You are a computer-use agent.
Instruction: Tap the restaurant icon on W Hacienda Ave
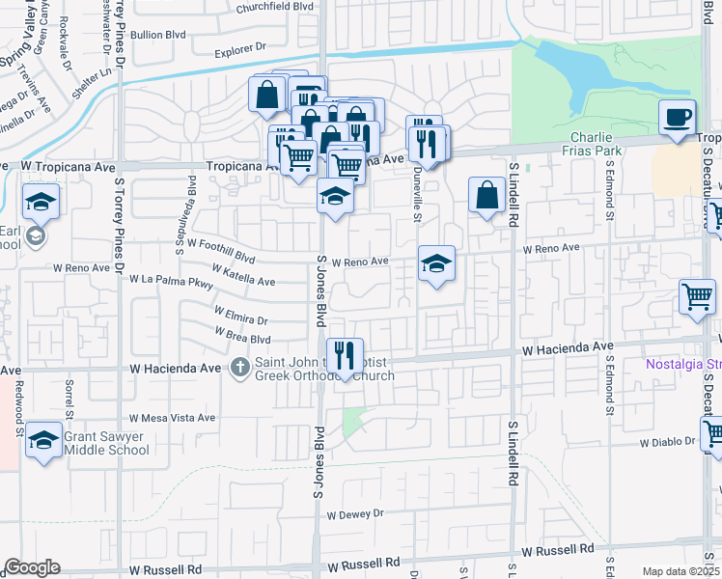[x=344, y=356]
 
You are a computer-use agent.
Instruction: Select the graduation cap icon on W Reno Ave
[x=436, y=263]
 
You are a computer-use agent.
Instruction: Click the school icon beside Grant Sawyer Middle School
[x=43, y=440]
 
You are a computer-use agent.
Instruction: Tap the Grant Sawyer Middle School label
[x=105, y=444]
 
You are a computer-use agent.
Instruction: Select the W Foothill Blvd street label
[x=221, y=251]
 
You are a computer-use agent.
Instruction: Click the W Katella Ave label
[x=243, y=280]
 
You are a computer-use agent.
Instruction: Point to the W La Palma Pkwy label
[x=171, y=281]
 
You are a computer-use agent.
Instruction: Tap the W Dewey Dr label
[x=354, y=514]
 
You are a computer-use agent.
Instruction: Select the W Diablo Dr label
[x=667, y=444]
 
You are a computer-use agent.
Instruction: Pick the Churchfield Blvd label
[x=274, y=7]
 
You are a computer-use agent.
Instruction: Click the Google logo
[x=33, y=567]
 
